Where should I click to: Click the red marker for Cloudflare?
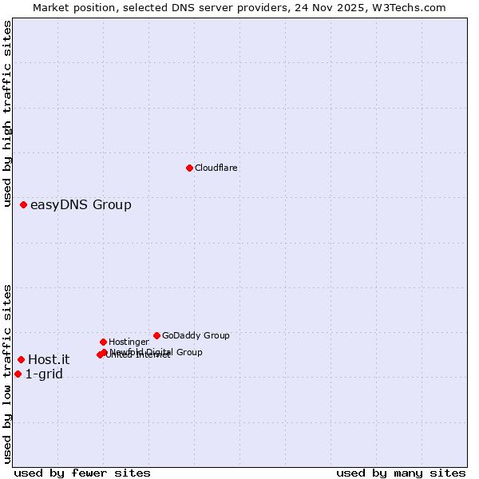(x=189, y=168)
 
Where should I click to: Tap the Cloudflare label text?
(x=216, y=168)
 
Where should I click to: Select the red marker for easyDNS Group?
(x=23, y=205)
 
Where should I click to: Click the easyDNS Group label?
(x=81, y=205)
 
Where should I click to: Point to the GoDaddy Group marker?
(x=156, y=335)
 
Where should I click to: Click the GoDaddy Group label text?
(x=196, y=335)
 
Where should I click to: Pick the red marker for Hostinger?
(x=103, y=342)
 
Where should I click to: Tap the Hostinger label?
(x=129, y=342)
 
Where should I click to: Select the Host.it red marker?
(x=21, y=359)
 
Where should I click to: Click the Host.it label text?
(x=49, y=359)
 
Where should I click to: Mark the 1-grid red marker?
(x=18, y=374)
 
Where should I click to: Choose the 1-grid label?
(x=44, y=374)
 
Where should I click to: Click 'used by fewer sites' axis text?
(x=82, y=473)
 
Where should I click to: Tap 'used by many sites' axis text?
(x=401, y=473)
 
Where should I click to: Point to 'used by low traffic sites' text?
(x=7, y=374)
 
